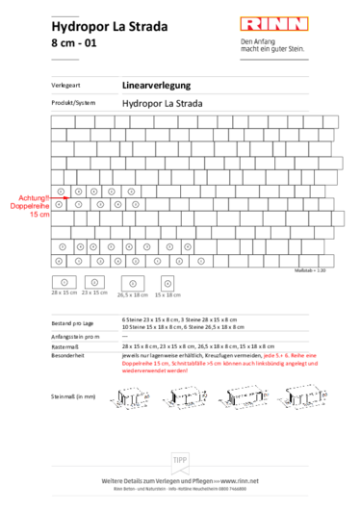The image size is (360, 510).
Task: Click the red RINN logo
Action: coord(274,24)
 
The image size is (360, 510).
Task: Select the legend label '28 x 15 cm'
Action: coord(64,292)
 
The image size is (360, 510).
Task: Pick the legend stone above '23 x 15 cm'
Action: coord(94,280)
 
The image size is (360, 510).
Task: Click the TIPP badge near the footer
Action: coord(180,461)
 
